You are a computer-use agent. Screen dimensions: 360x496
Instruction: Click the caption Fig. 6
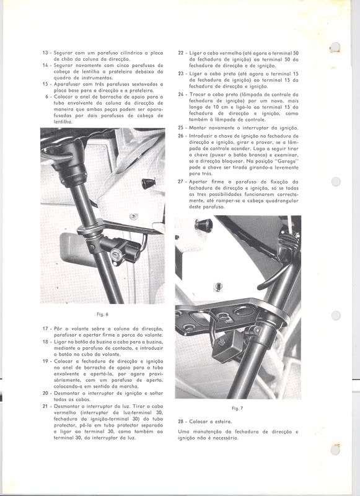103,314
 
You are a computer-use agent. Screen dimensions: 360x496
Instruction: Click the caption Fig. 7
237,409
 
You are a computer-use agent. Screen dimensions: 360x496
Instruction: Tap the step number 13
45,53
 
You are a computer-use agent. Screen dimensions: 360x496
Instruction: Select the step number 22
181,53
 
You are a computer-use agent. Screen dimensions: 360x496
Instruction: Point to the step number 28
181,422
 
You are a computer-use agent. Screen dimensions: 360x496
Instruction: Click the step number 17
45,329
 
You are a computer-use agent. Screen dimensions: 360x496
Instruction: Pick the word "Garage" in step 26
288,161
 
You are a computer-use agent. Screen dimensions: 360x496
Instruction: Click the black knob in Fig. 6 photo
148,184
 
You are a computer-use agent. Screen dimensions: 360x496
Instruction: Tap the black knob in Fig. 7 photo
204,224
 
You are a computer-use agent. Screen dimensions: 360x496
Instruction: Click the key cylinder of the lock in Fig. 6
114,254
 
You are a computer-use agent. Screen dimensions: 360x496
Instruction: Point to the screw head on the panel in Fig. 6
134,216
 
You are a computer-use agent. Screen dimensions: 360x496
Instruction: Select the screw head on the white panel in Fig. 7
218,286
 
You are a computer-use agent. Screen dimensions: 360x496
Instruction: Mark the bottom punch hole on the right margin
336,449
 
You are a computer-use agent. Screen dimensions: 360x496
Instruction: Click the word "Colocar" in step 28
198,422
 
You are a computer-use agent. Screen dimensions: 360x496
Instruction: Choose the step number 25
181,128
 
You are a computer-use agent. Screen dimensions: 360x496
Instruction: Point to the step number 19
45,361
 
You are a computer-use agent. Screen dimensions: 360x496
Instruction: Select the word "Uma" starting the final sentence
183,432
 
